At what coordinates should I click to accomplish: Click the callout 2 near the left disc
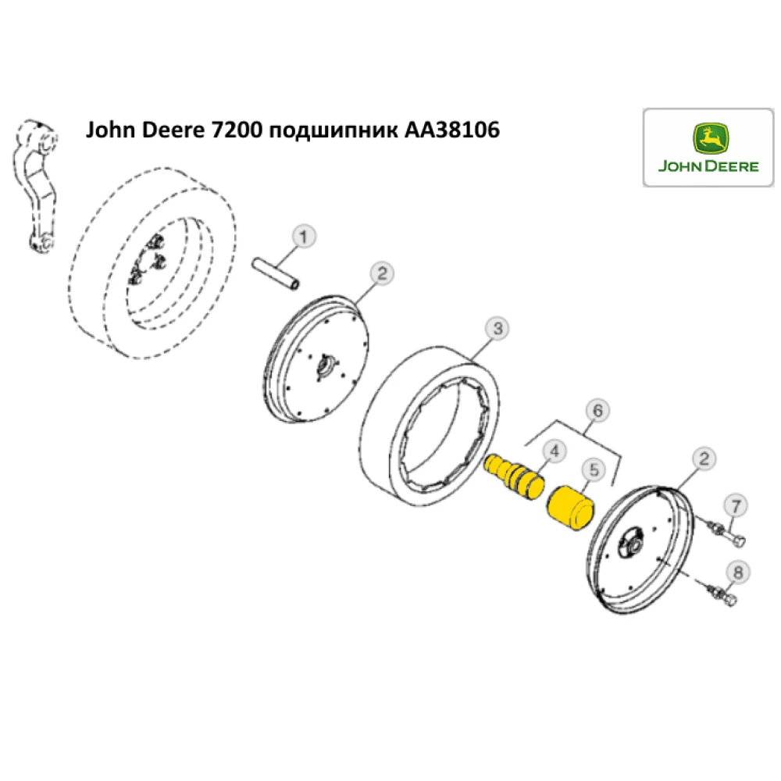click(381, 273)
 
